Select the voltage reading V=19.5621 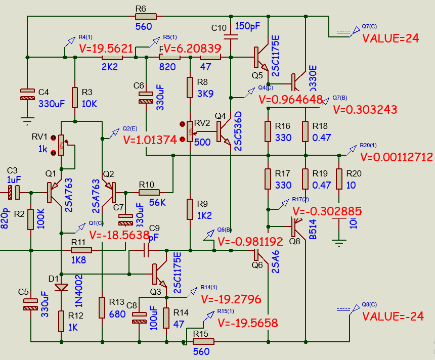106,49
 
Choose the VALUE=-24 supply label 393,317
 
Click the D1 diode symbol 61,287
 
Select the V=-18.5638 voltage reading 119,235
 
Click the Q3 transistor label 156,291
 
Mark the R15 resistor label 201,333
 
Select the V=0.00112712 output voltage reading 397,157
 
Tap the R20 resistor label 354,173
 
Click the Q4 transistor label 221,116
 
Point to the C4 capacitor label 44,92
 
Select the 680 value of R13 117,314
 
